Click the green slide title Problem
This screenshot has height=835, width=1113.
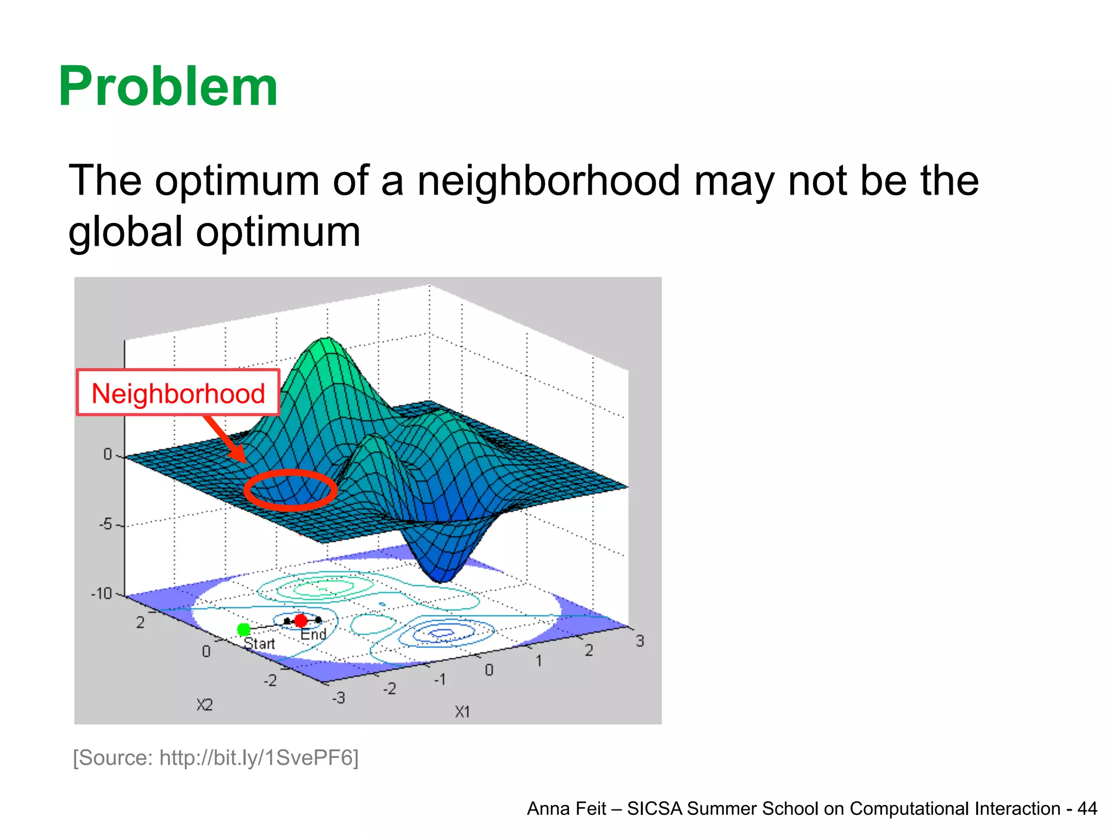(x=168, y=87)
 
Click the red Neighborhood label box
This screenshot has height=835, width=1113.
(x=178, y=393)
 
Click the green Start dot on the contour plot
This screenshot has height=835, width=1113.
(x=244, y=630)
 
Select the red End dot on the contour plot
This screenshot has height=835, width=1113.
(x=301, y=621)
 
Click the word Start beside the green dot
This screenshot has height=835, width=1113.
(x=260, y=644)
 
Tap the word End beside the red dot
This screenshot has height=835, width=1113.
(x=314, y=634)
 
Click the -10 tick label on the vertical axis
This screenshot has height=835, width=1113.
(x=101, y=593)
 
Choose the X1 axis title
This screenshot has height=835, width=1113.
(x=462, y=712)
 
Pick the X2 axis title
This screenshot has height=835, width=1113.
(x=205, y=705)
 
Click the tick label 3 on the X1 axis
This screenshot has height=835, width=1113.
(x=640, y=641)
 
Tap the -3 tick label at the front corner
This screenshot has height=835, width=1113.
(x=339, y=697)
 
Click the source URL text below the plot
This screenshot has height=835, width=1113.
(x=216, y=758)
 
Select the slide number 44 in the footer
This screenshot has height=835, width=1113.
(x=1087, y=808)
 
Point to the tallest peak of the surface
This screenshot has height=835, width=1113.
(x=327, y=340)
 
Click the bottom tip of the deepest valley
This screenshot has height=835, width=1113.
(x=443, y=581)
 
